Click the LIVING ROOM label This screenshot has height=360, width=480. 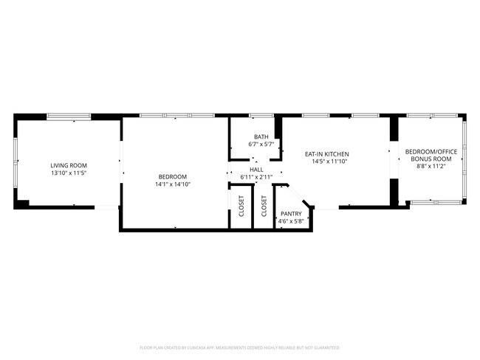pos(69,165)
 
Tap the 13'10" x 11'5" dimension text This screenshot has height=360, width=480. pos(69,173)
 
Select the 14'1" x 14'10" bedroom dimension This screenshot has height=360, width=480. pos(173,184)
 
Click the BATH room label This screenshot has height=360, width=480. pos(261,136)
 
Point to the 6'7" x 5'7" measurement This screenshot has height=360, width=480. pos(261,145)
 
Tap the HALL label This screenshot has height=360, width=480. pos(256,169)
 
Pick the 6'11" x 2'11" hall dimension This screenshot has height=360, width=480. pos(256,177)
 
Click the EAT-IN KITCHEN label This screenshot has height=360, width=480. pos(326,154)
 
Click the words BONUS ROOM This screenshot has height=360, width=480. pos(431,159)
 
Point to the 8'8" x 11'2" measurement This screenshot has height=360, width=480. pos(431,167)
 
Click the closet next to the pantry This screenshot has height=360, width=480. pos(264,209)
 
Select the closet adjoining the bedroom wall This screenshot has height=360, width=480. pos(241,209)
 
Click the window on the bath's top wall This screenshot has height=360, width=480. pos(261,116)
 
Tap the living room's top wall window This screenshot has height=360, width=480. pos(69,116)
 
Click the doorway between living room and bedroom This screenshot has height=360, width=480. pos(121,167)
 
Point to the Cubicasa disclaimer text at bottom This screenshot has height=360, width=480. pos(239,347)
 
